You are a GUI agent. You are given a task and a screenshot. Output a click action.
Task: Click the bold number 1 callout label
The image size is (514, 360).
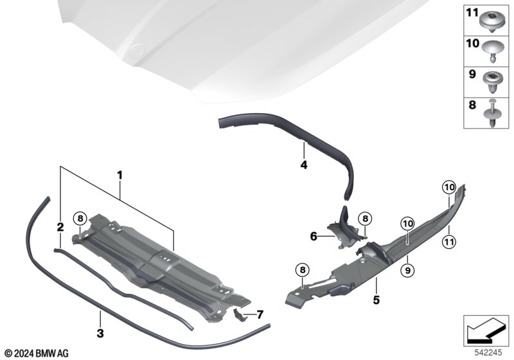120,175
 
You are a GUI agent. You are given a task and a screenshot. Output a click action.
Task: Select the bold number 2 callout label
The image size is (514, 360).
60,227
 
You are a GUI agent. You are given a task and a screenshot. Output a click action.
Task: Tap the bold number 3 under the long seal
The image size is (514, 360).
100,334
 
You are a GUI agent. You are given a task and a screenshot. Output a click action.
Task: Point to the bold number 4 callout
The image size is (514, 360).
304,165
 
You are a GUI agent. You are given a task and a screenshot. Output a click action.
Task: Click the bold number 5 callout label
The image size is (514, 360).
377,300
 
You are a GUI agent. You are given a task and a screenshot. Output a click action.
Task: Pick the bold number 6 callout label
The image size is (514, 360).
314,236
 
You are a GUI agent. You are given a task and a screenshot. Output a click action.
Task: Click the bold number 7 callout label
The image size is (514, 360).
260,315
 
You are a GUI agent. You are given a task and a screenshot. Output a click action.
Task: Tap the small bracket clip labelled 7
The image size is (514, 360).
239,315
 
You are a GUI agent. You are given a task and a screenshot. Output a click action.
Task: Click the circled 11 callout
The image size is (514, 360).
448,242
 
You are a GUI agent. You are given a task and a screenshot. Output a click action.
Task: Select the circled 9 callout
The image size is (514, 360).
407,270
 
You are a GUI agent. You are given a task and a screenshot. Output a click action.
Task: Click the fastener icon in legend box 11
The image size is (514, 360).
493,21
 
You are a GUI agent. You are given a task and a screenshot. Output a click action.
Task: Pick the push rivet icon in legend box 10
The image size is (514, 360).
493,52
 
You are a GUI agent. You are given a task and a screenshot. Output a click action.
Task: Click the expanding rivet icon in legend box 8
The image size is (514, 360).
492,113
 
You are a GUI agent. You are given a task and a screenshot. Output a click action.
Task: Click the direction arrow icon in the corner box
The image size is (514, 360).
486,330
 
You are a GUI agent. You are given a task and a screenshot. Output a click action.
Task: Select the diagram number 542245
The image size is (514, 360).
488,353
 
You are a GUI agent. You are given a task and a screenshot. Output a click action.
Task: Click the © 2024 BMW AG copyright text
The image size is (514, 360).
37,354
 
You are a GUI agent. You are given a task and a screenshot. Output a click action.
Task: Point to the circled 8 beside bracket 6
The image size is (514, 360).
365,219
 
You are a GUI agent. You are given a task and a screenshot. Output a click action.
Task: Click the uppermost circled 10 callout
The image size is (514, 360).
448,187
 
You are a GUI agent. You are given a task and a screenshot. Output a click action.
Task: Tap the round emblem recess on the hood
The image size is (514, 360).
137,50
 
